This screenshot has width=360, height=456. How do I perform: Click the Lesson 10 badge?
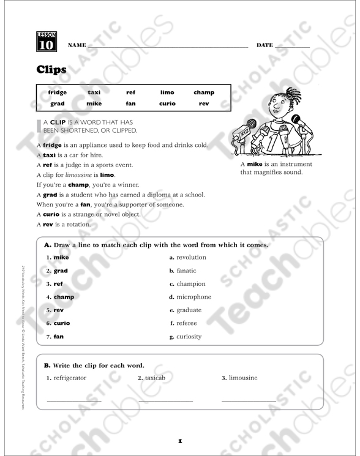47,42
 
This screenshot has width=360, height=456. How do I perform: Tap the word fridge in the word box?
58,92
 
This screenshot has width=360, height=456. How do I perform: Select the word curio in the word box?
167,103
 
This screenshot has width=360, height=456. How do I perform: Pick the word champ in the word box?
203,92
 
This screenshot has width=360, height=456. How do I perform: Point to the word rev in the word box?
204,103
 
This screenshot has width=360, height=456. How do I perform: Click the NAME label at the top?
77,46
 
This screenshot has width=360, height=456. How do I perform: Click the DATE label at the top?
264,46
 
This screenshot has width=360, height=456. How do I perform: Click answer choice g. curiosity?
186,336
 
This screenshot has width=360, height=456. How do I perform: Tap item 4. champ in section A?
60,297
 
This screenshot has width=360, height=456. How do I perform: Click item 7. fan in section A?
55,336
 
